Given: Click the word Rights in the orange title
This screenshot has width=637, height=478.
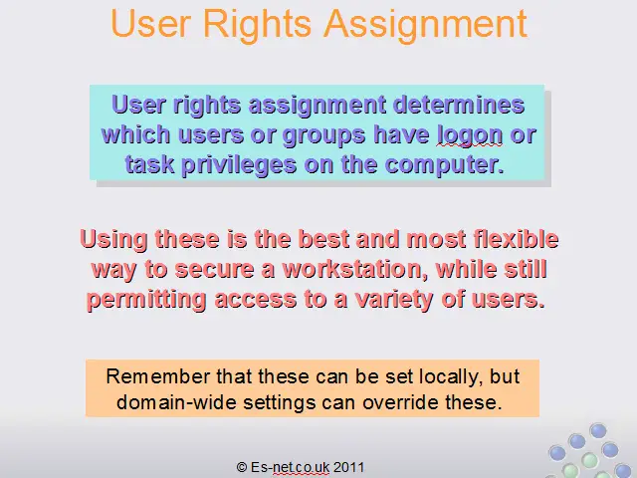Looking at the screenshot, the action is click(x=257, y=25).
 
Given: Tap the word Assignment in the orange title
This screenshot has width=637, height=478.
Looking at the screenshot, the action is click(x=425, y=25).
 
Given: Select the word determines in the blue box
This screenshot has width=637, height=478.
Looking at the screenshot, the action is click(x=459, y=105).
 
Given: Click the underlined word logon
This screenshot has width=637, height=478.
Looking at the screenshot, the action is click(x=470, y=135).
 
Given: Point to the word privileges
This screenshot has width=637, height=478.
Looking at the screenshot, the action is click(x=239, y=165).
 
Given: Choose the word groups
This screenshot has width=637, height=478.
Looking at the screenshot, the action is click(x=323, y=135).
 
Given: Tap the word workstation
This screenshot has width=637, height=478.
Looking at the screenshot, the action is click(x=352, y=269).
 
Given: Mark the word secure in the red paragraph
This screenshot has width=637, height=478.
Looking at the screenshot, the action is click(x=215, y=269).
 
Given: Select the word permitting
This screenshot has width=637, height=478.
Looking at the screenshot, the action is click(x=146, y=300).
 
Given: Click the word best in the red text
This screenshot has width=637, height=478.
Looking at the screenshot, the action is click(x=323, y=239).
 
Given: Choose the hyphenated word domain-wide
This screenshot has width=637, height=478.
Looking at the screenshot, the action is click(x=176, y=402).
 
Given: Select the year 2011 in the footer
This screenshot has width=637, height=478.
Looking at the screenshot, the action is click(x=348, y=467).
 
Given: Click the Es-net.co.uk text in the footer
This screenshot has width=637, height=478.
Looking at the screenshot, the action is click(x=290, y=467).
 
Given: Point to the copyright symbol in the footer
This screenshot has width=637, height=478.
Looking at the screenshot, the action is click(x=242, y=467).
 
